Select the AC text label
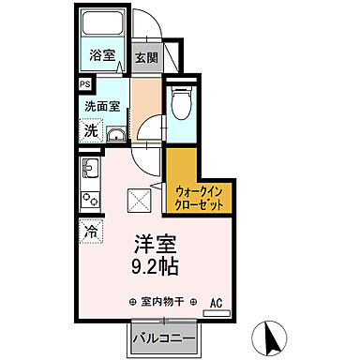click(215, 302)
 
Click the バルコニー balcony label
click(155, 336)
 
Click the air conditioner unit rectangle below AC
click(215, 312)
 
